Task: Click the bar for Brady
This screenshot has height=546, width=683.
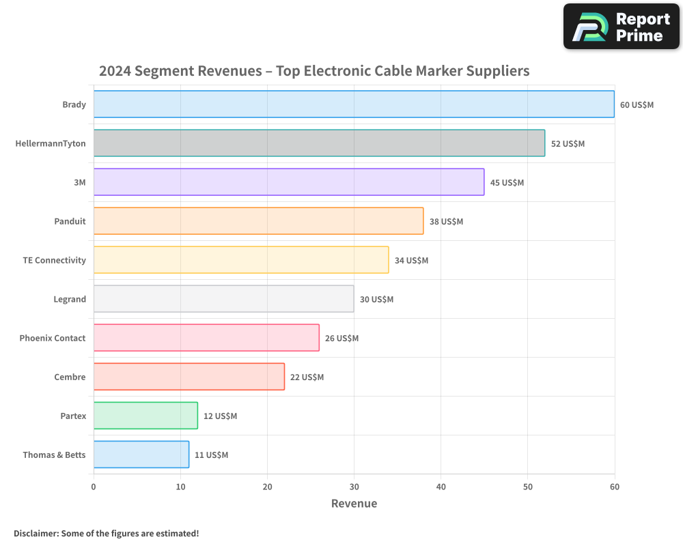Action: coord(354,104)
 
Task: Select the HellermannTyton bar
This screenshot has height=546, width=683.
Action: coord(319,143)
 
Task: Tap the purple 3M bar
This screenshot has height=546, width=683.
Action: coord(289,182)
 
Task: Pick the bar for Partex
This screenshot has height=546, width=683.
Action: coord(145,416)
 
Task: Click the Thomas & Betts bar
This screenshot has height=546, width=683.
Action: coord(141,455)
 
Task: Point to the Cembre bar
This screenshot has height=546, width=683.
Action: coord(189,377)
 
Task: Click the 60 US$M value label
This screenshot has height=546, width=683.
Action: coord(637,105)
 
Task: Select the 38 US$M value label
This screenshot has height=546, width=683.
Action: coord(446,222)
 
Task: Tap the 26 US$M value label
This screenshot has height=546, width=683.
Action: coord(341,339)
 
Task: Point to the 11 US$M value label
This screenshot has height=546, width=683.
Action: coord(211,455)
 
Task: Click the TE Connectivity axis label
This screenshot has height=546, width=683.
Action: coord(55,261)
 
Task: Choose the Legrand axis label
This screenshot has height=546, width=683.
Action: coord(70,300)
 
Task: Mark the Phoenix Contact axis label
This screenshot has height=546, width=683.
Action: coord(53,339)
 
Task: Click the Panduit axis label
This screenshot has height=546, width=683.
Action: coord(70,222)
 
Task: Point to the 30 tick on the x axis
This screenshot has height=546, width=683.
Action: coord(354,487)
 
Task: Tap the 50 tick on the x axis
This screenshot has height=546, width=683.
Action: coord(527,487)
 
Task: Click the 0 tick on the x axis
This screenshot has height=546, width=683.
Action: coord(94,487)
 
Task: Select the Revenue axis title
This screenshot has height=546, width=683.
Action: coord(354,504)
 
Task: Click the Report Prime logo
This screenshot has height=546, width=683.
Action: coord(622,27)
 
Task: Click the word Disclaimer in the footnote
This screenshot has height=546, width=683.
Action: coord(36,533)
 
